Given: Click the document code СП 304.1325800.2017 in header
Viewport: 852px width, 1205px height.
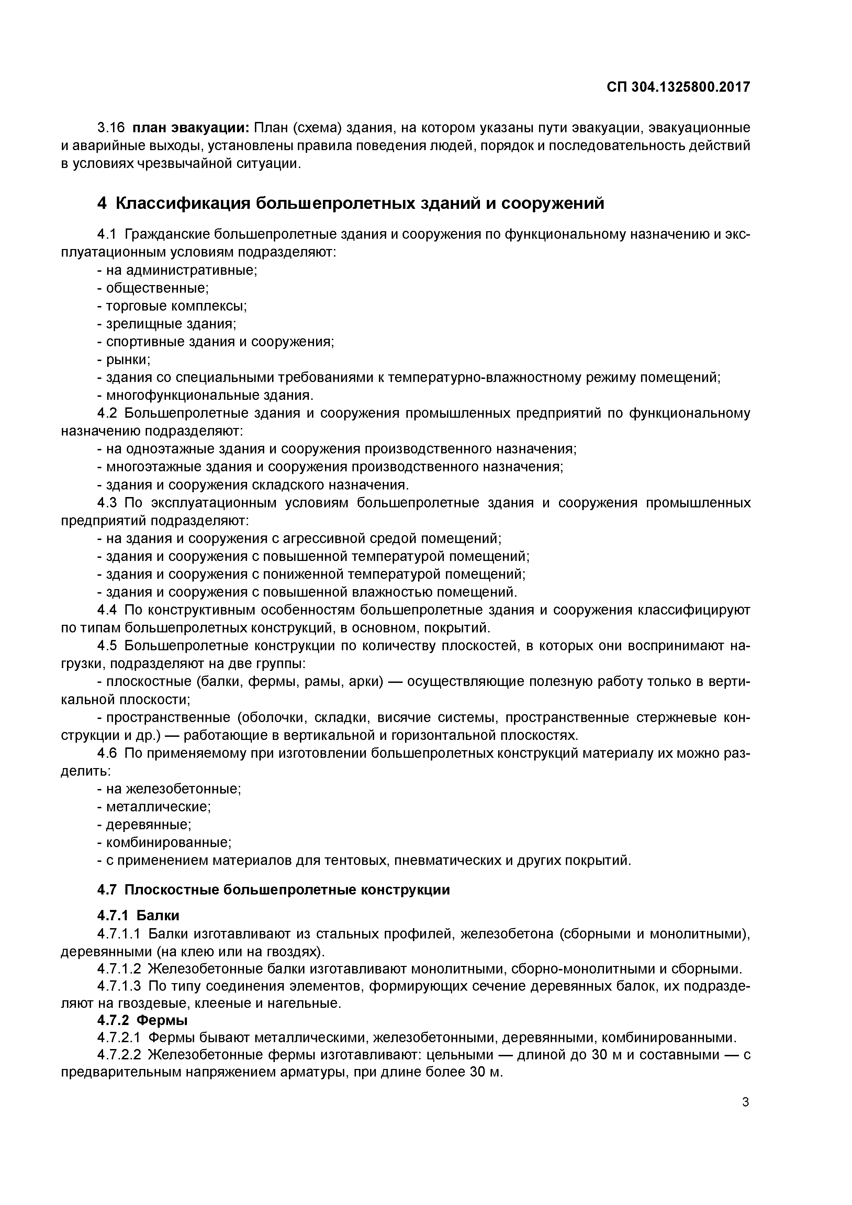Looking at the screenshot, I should click(x=678, y=87).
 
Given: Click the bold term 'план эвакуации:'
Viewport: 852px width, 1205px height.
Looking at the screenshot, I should click(x=191, y=128).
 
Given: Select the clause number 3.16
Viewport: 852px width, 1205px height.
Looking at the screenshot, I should click(x=110, y=128).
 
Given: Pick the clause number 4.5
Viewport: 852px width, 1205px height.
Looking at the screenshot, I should click(x=107, y=645).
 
